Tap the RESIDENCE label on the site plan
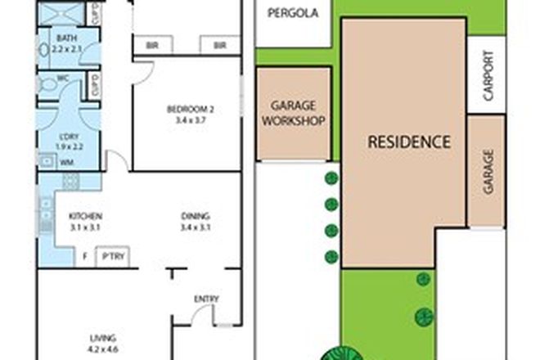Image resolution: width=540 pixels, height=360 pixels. [408, 141]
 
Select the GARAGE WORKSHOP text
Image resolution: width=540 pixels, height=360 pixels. [294, 113]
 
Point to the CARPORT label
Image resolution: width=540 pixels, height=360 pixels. [488, 75]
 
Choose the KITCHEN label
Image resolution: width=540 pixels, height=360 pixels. [85, 217]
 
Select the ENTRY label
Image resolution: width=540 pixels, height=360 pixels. [206, 299]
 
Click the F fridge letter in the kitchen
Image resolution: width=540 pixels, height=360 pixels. [85, 257]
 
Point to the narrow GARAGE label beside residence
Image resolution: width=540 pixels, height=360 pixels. [488, 171]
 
